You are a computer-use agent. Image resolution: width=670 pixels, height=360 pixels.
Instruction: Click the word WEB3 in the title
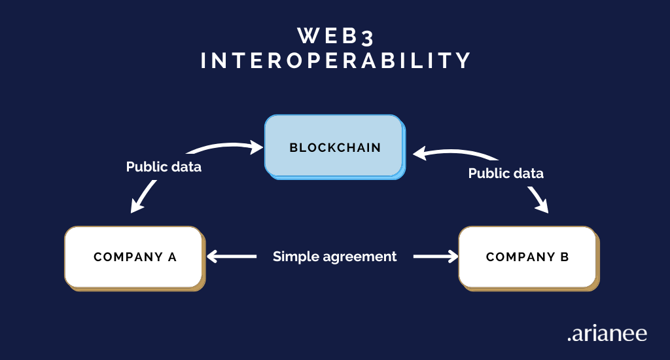click(335, 34)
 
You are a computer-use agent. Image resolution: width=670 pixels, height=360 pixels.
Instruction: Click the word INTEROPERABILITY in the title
click(335, 60)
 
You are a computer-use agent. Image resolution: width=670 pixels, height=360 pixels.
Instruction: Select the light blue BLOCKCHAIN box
click(334, 147)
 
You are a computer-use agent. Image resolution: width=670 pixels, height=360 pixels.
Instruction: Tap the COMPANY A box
click(133, 257)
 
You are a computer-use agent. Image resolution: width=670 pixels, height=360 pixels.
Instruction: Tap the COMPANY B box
click(527, 257)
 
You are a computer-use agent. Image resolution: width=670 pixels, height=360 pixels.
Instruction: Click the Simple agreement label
click(334, 257)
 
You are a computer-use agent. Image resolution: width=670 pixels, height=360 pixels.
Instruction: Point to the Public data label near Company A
click(164, 167)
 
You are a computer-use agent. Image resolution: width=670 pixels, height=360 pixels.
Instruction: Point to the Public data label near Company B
click(506, 173)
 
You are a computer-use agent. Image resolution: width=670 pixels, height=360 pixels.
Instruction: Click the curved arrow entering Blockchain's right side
click(451, 154)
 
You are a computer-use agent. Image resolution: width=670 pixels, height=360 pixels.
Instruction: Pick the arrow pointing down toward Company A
click(144, 196)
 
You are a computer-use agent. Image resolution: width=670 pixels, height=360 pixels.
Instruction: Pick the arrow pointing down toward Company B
click(538, 200)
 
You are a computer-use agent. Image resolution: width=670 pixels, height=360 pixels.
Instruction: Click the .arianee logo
click(607, 334)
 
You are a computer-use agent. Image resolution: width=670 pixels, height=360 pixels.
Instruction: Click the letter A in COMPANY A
click(173, 257)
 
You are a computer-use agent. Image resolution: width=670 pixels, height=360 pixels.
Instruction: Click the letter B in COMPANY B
click(564, 257)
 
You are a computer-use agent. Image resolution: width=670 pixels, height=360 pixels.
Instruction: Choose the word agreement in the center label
click(364, 257)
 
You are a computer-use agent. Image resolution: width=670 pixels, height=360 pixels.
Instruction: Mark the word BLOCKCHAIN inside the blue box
click(335, 147)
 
